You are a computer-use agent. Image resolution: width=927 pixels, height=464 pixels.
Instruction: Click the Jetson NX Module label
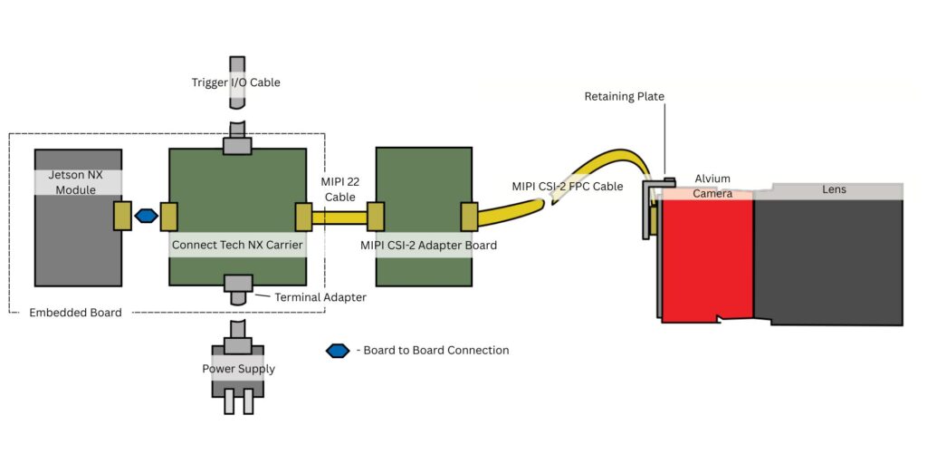pos(78,182)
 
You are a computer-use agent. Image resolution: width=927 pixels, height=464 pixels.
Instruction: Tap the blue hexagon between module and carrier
pos(145,216)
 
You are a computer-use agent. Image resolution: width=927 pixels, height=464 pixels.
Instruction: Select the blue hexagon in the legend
pos(338,351)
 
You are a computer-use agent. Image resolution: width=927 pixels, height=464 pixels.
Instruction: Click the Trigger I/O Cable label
pos(236,82)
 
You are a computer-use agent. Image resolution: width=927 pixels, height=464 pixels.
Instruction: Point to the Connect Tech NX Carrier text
pos(237,245)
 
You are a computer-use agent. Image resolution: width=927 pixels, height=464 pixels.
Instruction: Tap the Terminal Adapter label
pos(313,296)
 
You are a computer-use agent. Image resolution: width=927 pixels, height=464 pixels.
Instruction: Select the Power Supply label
pos(238,369)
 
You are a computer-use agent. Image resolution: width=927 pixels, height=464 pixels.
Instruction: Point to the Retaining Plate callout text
pos(625,96)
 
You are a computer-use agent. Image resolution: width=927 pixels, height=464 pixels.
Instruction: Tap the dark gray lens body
pos(828,263)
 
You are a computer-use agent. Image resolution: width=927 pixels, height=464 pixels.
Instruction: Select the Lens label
pos(834,190)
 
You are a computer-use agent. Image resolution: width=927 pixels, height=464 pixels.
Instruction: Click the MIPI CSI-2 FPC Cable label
pos(567,187)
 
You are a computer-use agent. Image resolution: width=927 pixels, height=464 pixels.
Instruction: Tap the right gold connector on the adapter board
pos(469,217)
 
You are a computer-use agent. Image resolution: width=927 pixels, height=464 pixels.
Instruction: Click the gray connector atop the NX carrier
pos(237,144)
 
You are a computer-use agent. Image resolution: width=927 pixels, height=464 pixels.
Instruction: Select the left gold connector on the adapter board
pos(375,217)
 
